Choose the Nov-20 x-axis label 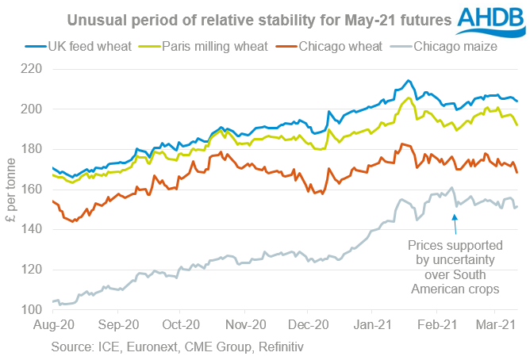pyautogui.click(x=245, y=325)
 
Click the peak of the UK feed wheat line pyautogui.click(x=408, y=80)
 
